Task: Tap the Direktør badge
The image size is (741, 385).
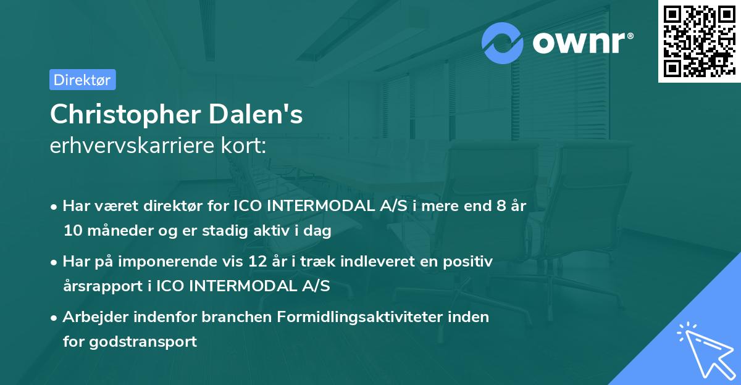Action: [82, 80]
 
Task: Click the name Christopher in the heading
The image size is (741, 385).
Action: [124, 114]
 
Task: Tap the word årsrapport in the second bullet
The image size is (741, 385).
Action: [98, 286]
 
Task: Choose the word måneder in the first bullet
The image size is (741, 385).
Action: [115, 231]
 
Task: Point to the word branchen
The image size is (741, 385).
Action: [238, 317]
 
